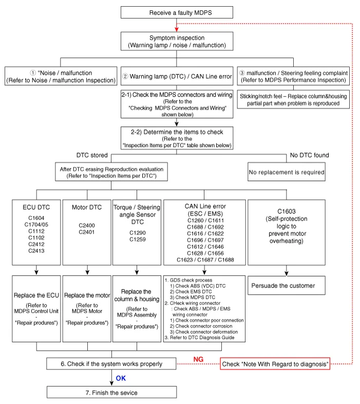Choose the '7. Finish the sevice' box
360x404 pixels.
click(112, 393)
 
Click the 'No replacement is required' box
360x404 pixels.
click(286, 173)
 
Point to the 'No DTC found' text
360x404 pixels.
click(309, 155)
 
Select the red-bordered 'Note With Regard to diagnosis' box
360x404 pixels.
click(275, 364)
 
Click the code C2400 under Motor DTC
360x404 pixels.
click(87, 226)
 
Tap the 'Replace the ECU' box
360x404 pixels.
click(36, 296)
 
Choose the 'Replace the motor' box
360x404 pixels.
click(87, 296)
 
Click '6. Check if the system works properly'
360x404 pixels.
click(112, 364)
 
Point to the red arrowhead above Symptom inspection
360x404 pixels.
click(177, 28)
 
